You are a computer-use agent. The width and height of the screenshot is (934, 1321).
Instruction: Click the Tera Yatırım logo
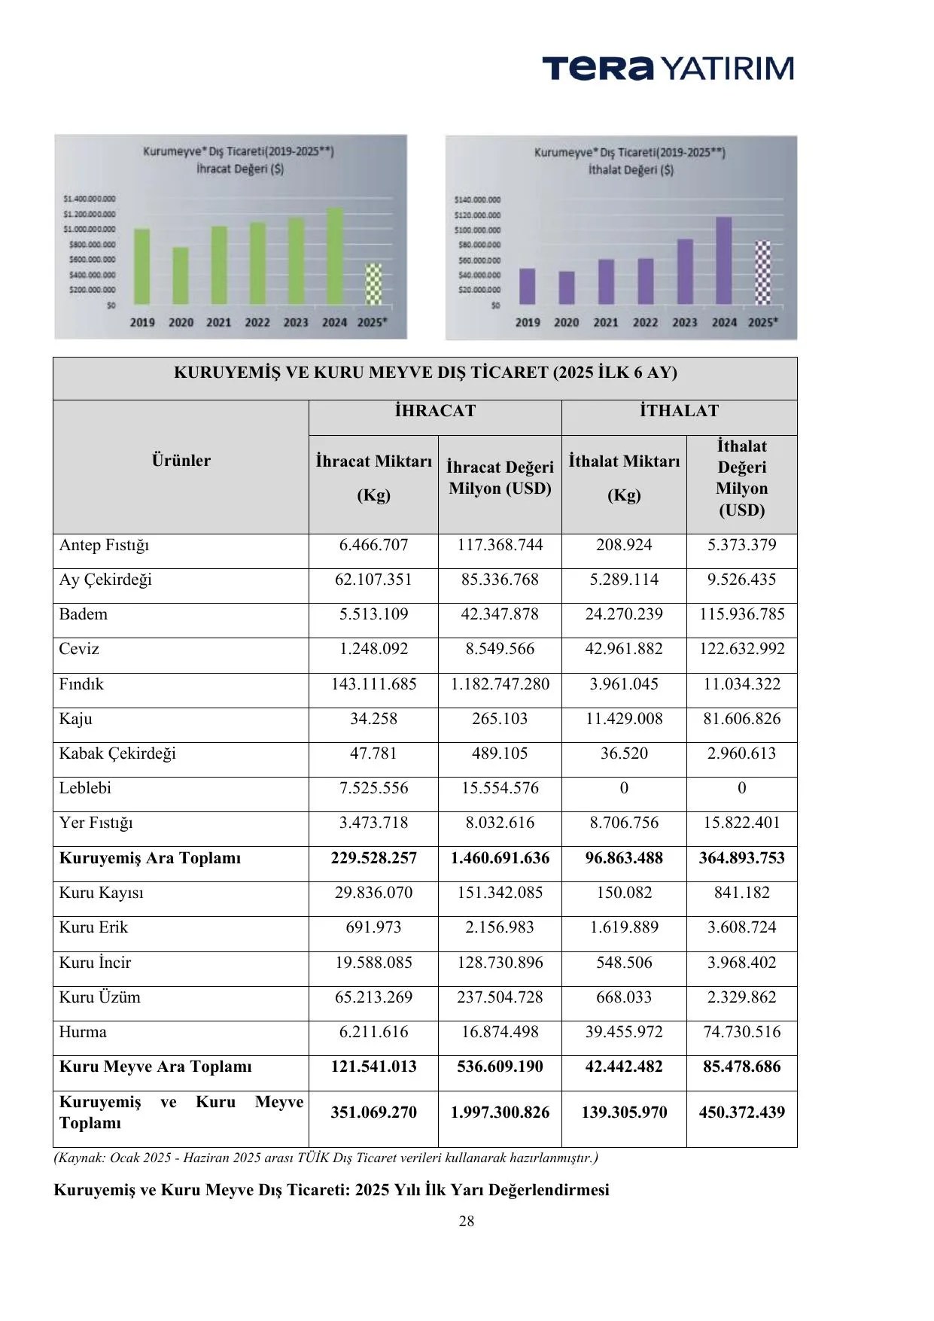tap(668, 68)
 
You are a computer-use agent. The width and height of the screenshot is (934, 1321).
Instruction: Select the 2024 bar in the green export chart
tap(335, 256)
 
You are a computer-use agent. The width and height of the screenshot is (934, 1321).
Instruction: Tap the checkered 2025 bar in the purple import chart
tap(763, 272)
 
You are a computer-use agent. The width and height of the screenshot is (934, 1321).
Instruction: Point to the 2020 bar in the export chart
tap(181, 275)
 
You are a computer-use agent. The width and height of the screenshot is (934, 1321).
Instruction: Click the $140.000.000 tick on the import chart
tap(477, 200)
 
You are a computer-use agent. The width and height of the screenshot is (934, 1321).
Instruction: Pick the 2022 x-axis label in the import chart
tap(645, 322)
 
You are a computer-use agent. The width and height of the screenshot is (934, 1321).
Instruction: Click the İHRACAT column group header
tap(435, 410)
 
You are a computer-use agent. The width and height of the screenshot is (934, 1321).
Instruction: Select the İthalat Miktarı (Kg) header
tap(624, 477)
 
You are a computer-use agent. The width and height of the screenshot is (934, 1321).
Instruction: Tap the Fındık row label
tap(81, 684)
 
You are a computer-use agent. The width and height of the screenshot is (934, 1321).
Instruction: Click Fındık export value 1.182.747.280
tap(500, 684)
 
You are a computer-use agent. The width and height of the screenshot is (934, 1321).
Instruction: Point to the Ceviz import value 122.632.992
tap(741, 649)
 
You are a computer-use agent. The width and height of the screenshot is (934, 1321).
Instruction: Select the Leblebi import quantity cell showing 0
tap(624, 788)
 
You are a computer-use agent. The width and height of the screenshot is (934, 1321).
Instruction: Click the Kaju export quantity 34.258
tap(373, 719)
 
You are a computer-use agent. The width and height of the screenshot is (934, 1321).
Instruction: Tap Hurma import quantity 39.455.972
tap(624, 1032)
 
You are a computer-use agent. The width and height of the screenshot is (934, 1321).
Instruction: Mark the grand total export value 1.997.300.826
tap(500, 1113)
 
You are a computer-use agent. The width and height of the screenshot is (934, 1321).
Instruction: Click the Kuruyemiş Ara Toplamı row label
tap(151, 858)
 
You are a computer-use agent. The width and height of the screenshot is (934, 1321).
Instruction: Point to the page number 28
tap(467, 1221)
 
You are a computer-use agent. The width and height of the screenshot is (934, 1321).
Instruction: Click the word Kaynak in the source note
tap(81, 1158)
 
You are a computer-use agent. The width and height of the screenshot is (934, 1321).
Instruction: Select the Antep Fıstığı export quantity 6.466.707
tap(373, 545)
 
